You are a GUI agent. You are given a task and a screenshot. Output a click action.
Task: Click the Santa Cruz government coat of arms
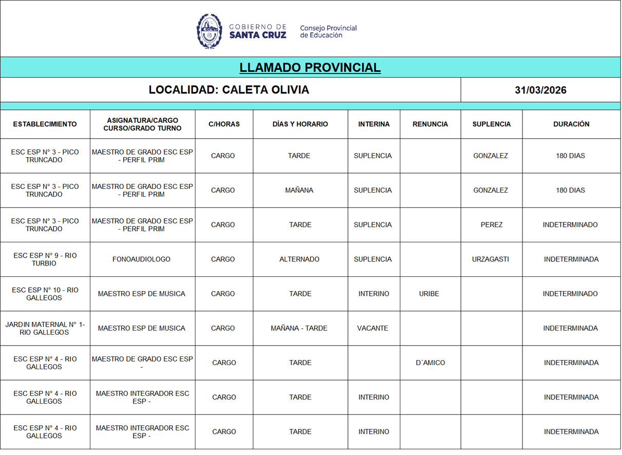(x=209, y=31)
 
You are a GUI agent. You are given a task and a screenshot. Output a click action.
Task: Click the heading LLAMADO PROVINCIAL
(x=310, y=68)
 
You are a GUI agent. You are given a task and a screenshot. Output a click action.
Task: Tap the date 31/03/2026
(x=540, y=90)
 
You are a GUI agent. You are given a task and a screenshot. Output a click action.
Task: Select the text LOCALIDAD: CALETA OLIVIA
(x=229, y=90)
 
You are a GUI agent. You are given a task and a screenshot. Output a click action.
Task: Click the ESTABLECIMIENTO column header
(x=45, y=124)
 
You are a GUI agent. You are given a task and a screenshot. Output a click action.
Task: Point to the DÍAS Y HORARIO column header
(x=300, y=124)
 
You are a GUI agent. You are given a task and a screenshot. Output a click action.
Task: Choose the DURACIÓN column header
(x=571, y=124)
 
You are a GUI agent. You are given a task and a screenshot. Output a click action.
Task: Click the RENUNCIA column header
(x=430, y=124)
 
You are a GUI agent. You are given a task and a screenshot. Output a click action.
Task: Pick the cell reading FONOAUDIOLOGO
(x=142, y=259)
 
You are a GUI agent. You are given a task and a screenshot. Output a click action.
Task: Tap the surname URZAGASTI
(x=491, y=259)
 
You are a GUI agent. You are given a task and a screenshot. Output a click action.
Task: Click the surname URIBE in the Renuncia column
(x=429, y=294)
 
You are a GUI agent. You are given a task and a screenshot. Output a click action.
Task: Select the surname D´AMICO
(x=431, y=363)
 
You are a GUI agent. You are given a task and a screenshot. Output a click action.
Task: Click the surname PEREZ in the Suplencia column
(x=492, y=225)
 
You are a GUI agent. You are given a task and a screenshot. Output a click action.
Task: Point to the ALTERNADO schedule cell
(x=299, y=259)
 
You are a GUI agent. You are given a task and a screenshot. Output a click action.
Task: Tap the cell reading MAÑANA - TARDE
(x=299, y=328)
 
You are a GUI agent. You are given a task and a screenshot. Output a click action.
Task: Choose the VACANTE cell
(x=373, y=328)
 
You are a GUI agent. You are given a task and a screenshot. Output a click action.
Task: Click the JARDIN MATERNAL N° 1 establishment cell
(x=45, y=328)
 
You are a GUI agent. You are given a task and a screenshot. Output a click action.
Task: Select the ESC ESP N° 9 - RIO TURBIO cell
(x=45, y=259)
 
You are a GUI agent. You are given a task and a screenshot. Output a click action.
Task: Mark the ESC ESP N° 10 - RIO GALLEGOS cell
(x=45, y=294)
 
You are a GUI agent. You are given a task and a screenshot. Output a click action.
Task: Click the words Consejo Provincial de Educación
(x=328, y=31)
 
